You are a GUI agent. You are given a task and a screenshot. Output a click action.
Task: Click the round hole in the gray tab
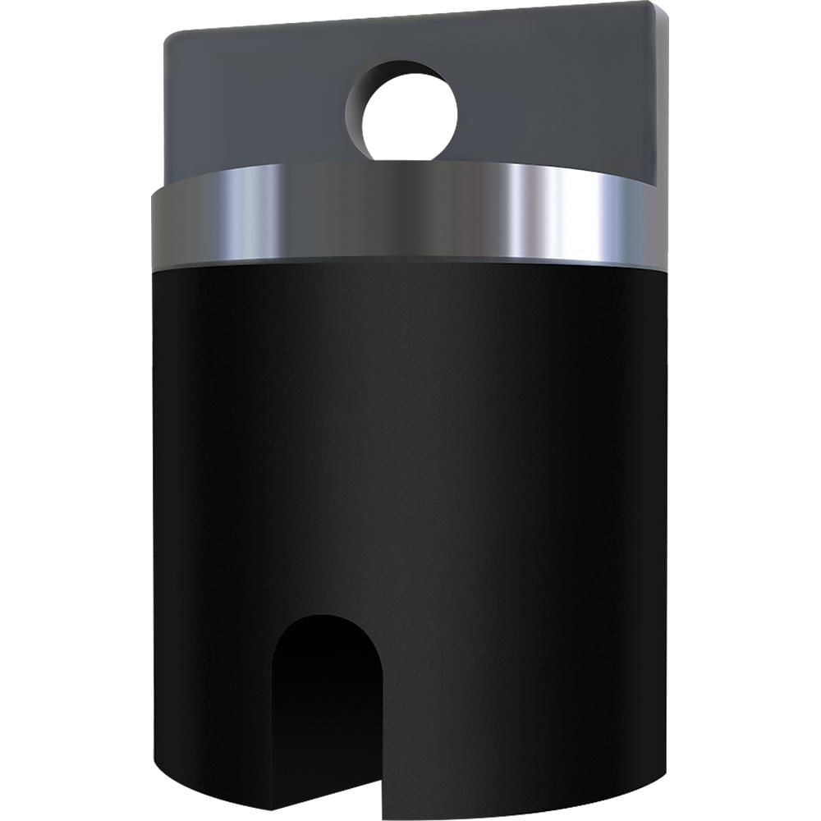pos(409,114)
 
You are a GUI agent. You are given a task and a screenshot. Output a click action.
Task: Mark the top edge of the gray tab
pos(410,18)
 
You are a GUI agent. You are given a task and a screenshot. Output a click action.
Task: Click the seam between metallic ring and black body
pos(410,262)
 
